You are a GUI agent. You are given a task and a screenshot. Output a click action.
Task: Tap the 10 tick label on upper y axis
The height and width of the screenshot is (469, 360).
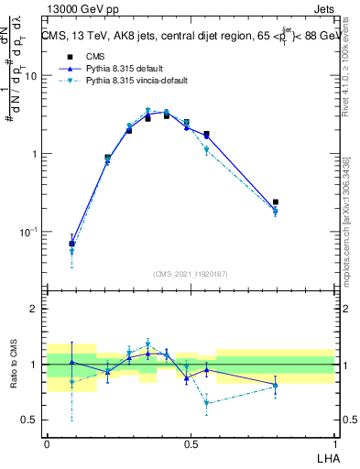click(34, 77)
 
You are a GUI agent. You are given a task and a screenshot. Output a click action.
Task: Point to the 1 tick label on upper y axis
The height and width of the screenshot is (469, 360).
click(38, 154)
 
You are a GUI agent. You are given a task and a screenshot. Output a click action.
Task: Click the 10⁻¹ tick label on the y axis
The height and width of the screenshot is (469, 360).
click(32, 232)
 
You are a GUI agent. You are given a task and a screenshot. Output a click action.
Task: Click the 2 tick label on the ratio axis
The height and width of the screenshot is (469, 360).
click(38, 310)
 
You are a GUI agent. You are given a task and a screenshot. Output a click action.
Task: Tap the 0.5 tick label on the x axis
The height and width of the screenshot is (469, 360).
click(190, 442)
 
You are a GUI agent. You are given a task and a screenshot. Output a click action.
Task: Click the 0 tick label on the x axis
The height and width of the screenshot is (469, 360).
click(47, 442)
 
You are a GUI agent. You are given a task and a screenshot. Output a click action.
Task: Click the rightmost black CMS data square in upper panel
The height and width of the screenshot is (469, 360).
click(276, 202)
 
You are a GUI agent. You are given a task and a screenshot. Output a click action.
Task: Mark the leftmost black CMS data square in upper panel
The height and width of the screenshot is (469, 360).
click(71, 244)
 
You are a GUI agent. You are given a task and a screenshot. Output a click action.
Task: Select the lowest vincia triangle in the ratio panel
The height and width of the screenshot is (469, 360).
click(207, 403)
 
